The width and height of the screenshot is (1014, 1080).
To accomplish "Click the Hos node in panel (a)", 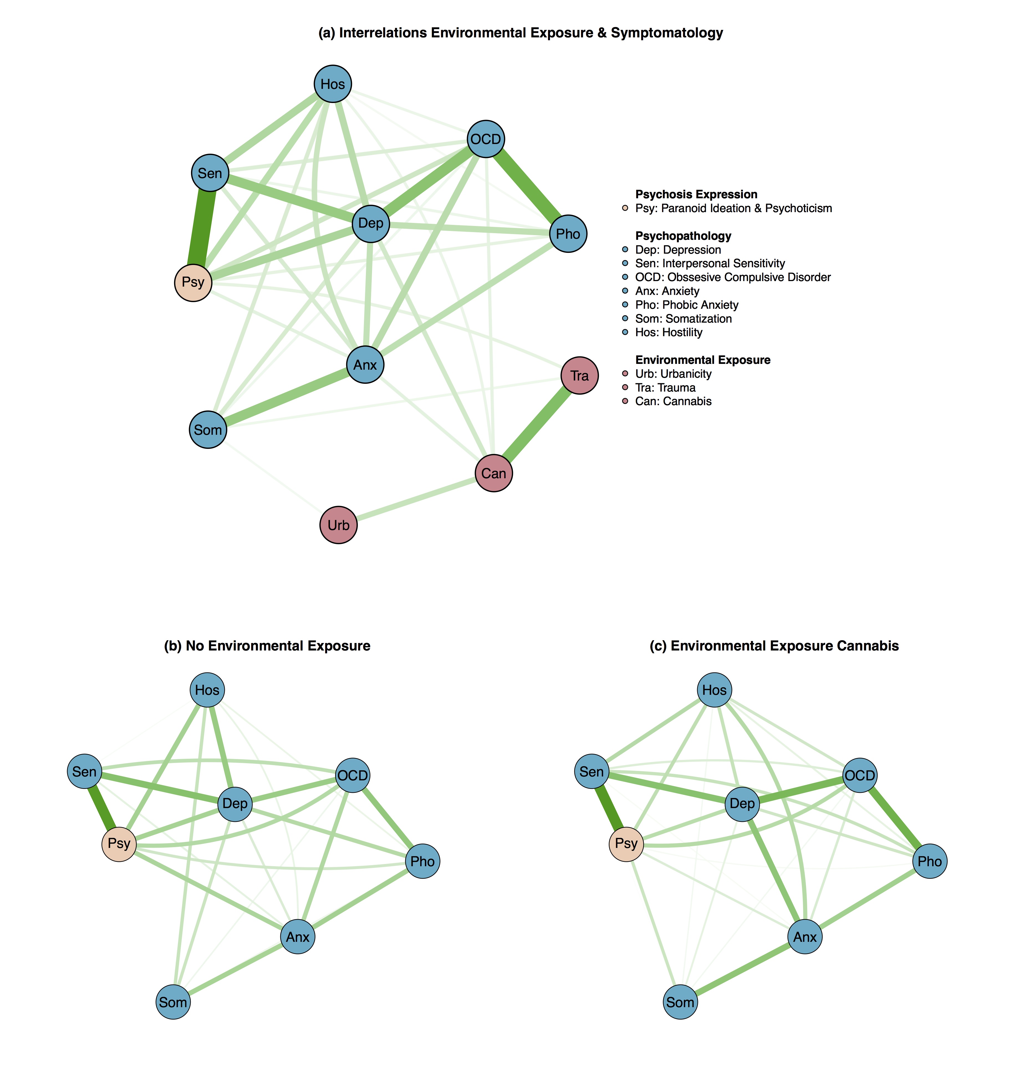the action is (333, 84).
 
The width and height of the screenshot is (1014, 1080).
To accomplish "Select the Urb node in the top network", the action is (338, 525).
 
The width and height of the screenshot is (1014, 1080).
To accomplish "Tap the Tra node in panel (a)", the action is (580, 376).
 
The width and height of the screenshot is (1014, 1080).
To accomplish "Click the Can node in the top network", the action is (494, 473).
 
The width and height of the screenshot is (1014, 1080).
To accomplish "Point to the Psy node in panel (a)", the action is (193, 282).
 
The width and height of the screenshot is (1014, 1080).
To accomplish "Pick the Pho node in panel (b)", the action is (422, 861).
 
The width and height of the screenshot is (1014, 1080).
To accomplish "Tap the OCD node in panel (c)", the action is (860, 775).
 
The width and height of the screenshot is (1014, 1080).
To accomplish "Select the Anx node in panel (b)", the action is (297, 937).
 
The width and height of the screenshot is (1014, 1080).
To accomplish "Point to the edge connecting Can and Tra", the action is (537, 424).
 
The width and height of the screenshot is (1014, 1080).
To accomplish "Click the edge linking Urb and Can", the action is (416, 499).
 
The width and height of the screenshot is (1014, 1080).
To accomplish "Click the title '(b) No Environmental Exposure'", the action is (267, 646).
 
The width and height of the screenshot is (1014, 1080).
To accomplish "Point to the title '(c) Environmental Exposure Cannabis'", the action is (774, 646).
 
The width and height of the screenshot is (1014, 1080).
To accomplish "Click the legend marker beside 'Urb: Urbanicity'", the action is (625, 374).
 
